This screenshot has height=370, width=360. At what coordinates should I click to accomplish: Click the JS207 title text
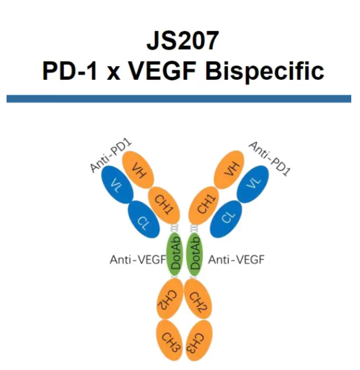[x=179, y=41]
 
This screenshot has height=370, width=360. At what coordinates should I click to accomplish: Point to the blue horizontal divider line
[x=179, y=99]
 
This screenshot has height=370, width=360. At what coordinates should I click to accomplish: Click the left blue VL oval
[x=114, y=186]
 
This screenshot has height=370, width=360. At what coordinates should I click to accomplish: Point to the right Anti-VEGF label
[x=236, y=260]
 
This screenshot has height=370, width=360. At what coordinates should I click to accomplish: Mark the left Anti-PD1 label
[x=111, y=157]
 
